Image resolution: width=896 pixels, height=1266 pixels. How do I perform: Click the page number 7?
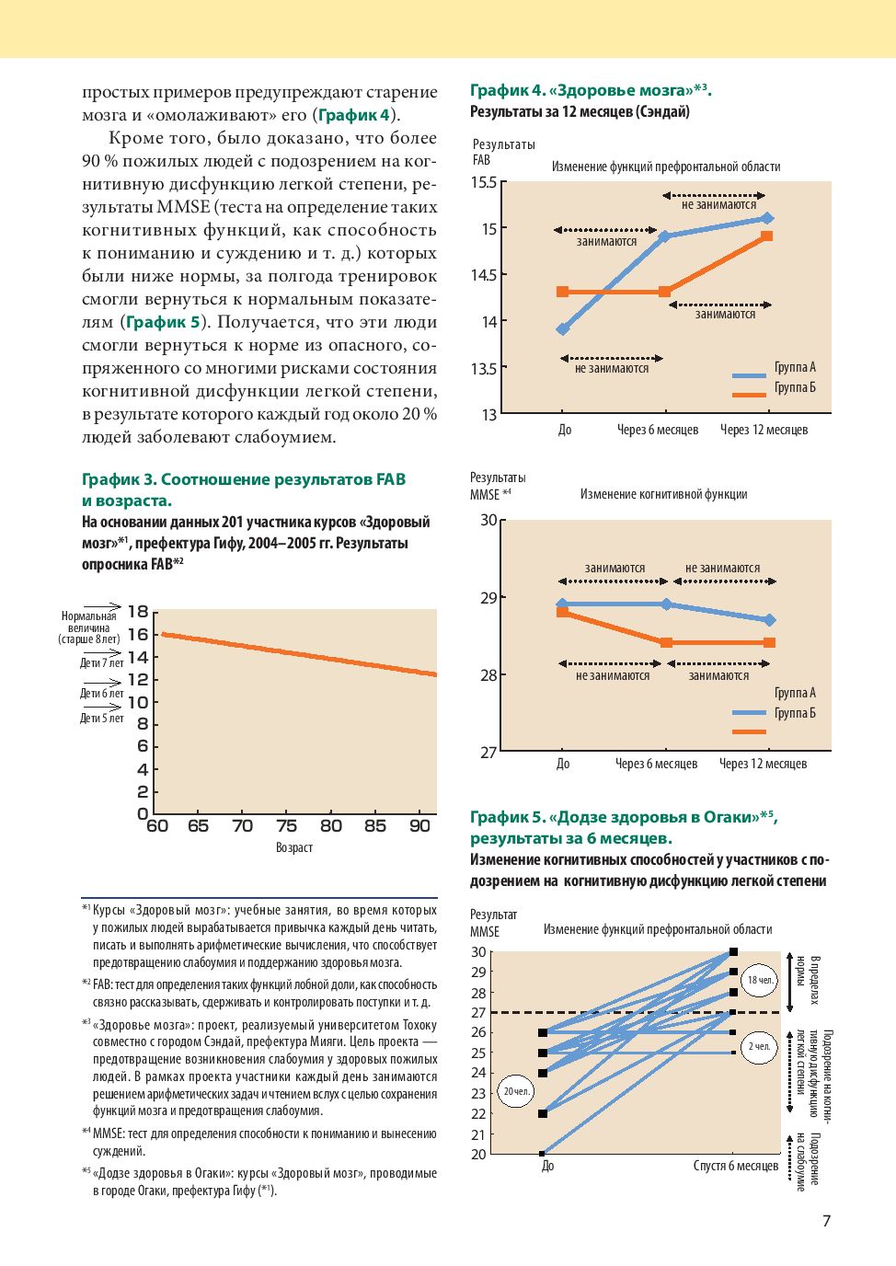826,1221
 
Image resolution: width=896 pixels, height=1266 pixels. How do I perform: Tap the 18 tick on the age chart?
138,612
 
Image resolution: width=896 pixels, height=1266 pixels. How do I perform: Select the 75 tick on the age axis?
287,826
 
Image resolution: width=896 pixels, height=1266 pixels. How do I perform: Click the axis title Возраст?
294,847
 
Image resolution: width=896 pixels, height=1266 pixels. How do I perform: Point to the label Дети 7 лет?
101,662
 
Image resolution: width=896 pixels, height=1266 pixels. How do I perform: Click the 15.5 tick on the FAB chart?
484,182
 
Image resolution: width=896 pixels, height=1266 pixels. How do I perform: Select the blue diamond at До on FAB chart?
563,328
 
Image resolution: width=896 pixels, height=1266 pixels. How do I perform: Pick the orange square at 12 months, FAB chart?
767,236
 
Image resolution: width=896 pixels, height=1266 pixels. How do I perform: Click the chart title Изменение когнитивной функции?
663,494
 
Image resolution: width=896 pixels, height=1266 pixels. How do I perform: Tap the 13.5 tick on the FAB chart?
484,369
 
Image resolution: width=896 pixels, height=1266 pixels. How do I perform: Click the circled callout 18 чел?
760,980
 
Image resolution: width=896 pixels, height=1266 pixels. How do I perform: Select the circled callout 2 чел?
759,1046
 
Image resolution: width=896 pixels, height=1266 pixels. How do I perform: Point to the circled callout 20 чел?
516,1092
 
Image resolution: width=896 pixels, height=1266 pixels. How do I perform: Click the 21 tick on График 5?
478,1134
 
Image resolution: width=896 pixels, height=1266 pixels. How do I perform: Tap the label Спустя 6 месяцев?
735,1166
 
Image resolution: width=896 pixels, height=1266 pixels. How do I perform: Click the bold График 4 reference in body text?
354,115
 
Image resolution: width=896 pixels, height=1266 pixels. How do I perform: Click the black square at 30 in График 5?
733,951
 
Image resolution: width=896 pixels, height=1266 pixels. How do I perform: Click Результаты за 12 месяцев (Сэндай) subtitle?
580,111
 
